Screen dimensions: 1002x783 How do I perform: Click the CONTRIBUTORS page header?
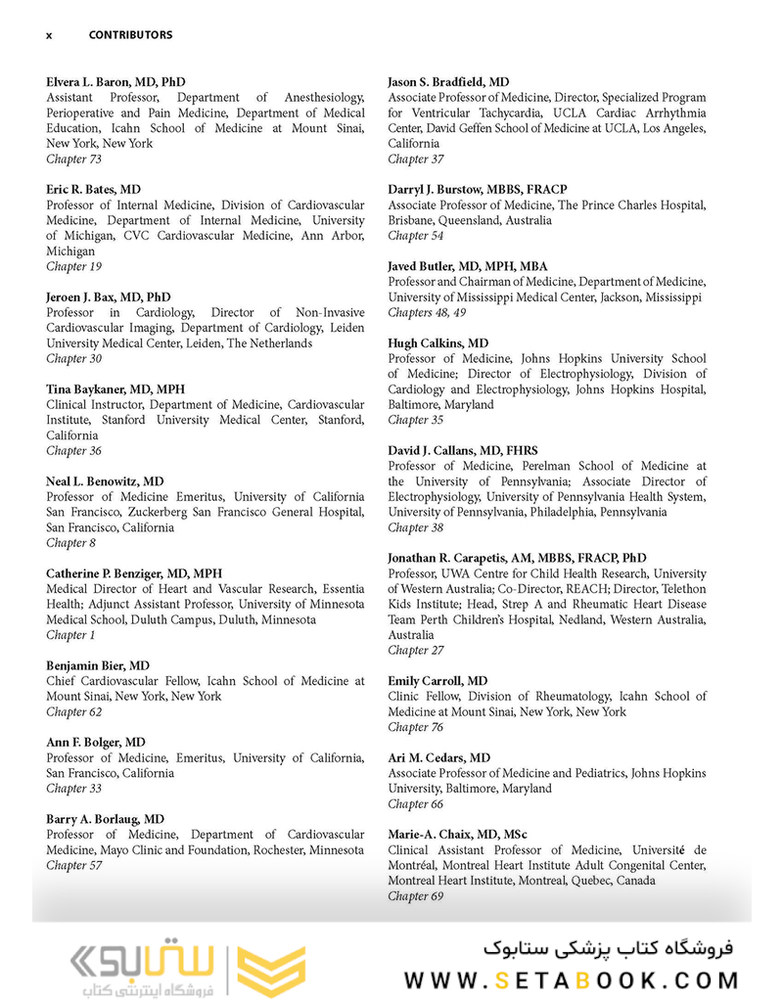coord(130,35)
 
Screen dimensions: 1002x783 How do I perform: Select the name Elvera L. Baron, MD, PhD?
coord(115,82)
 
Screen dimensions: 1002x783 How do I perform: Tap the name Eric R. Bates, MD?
coord(93,190)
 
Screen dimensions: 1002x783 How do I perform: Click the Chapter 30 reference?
coord(74,359)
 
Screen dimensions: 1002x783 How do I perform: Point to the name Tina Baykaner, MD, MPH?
coord(115,389)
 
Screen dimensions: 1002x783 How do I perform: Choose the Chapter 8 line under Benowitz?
coord(70,543)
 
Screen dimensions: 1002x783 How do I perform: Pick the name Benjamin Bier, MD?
coord(98,665)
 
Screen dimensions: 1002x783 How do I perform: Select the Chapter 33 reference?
coord(74,789)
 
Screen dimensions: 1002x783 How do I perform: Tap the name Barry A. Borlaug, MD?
coord(105,819)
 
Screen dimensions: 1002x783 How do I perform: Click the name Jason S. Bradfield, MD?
coord(448,82)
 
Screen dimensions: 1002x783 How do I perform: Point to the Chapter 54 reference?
coord(415,236)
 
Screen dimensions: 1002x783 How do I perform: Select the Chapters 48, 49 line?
coord(427,313)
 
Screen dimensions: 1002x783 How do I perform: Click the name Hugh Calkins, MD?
coord(438,343)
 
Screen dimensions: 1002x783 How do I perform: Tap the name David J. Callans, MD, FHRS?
coord(463,451)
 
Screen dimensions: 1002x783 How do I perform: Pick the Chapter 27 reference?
coord(415,651)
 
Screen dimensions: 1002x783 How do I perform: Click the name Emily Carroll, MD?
coord(438,681)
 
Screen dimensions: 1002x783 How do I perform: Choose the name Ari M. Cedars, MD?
coord(439,758)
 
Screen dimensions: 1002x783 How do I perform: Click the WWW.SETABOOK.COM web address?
coord(573,979)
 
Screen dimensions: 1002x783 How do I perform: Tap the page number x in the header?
coord(49,35)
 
